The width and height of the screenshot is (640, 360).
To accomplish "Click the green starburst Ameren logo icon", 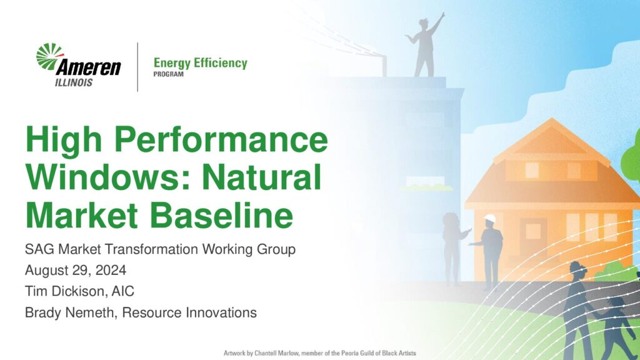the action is [49, 56].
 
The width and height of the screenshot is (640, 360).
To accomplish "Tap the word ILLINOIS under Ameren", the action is [74, 82].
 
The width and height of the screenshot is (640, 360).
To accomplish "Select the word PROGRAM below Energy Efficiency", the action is [168, 74].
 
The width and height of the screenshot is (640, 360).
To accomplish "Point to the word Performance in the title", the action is [221, 140].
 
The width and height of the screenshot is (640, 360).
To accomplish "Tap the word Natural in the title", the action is [262, 177].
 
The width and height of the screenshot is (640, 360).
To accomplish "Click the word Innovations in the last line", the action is [221, 312].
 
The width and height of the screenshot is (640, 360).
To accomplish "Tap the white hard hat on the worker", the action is [490, 219].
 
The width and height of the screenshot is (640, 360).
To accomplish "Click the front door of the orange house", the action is [532, 237].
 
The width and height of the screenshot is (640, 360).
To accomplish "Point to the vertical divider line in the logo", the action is [137, 67].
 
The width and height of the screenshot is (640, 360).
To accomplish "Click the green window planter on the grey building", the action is [426, 187].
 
